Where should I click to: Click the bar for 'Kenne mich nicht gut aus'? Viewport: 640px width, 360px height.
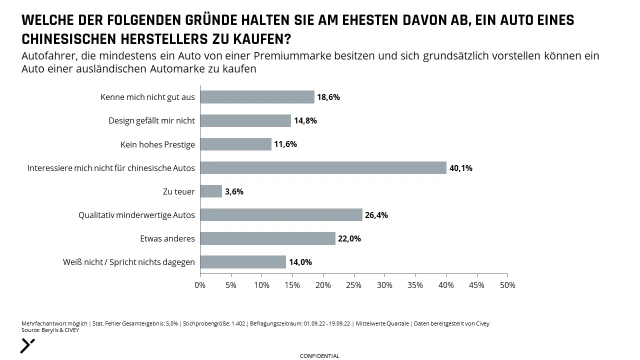click(257, 97)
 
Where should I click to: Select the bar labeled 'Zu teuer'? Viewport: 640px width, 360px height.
click(211, 191)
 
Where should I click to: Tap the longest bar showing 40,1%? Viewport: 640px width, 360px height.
click(323, 167)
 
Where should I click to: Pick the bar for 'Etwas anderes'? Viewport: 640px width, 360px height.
click(267, 238)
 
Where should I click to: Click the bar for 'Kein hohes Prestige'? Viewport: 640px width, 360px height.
click(235, 144)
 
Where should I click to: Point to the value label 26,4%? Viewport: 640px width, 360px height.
click(376, 215)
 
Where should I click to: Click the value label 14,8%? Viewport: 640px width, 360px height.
click(305, 121)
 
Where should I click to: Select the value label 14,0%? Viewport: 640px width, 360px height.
click(300, 262)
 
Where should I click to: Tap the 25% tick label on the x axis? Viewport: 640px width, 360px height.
click(353, 285)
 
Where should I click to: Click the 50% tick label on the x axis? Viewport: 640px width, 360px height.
click(507, 285)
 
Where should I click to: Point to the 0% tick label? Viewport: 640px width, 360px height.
click(200, 285)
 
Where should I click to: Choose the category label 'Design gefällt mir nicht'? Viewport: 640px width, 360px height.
click(151, 120)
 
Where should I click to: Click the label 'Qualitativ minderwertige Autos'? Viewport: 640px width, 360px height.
click(136, 215)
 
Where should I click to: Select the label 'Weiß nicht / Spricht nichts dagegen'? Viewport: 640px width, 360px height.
click(129, 262)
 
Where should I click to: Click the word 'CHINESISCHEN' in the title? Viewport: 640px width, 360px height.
click(69, 39)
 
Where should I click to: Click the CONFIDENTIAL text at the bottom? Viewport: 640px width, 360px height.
click(319, 356)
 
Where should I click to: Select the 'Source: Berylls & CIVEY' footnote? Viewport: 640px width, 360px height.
click(50, 330)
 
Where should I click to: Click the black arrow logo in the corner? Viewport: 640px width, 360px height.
click(27, 346)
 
